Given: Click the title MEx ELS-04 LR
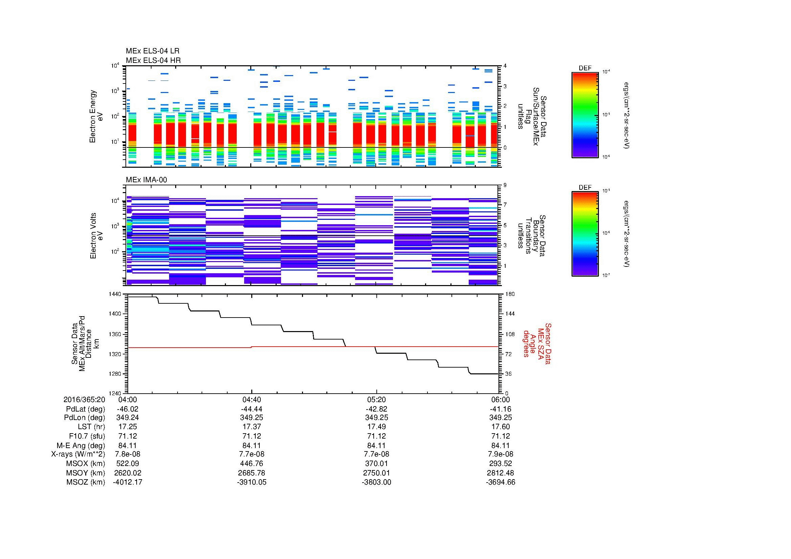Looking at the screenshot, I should [153, 51].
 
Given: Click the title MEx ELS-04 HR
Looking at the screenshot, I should [153, 60].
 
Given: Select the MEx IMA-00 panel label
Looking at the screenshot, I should [146, 180].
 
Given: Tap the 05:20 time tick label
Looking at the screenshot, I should [376, 399].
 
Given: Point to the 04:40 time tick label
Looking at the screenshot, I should [252, 399].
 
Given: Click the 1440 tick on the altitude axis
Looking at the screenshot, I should [115, 294].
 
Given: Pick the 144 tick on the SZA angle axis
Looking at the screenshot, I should [509, 314].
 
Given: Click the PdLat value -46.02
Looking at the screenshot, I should [128, 409].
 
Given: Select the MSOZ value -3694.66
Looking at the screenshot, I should [501, 482].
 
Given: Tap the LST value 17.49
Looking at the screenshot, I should [376, 427].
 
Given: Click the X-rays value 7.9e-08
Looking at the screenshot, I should [501, 454].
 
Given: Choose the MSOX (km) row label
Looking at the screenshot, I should [86, 464].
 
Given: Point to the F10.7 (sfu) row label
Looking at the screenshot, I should [87, 436].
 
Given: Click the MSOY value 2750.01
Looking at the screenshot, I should [376, 473].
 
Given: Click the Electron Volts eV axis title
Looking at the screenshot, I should [97, 236].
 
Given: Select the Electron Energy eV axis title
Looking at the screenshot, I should [96, 116].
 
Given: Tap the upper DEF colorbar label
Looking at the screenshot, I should [585, 68].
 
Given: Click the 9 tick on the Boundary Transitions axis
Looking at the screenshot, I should [505, 185].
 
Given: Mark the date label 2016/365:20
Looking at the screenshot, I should [84, 399].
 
